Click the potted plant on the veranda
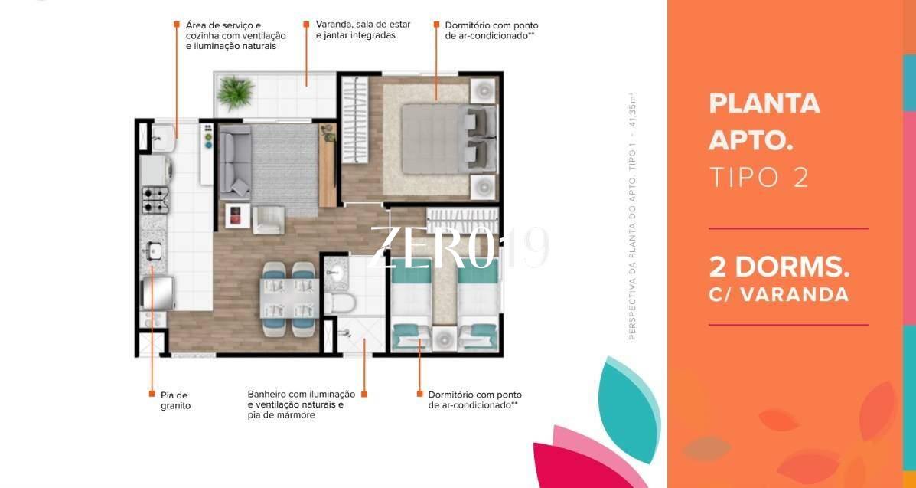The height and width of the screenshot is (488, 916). click(236, 92)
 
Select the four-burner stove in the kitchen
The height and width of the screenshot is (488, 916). click(155, 199)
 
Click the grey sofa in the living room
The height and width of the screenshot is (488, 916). click(236, 161)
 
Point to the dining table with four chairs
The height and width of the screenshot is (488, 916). click(289, 299)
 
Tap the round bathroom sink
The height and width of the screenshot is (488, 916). click(335, 271)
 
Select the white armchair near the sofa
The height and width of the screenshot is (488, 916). click(269, 219)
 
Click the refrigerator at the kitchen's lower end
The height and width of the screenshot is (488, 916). click(158, 293)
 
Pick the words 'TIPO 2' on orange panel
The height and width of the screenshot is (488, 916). click(759, 176)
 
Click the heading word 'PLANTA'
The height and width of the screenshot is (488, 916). click(764, 103)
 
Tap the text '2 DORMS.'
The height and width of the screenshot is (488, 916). click(779, 267)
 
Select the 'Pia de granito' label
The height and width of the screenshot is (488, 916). click(175, 400)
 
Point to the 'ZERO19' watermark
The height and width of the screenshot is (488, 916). click(459, 247)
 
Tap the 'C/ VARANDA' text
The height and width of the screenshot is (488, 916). click(778, 294)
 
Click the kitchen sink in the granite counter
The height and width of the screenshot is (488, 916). click(154, 251)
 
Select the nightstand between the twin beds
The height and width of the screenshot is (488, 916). click(445, 338)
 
